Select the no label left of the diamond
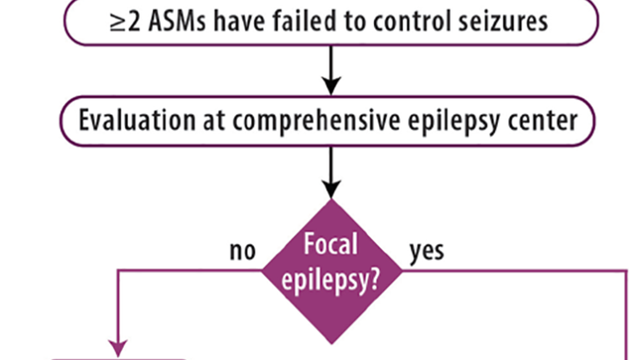(242, 251)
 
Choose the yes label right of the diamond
(426, 251)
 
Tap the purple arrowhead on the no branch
(118, 348)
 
